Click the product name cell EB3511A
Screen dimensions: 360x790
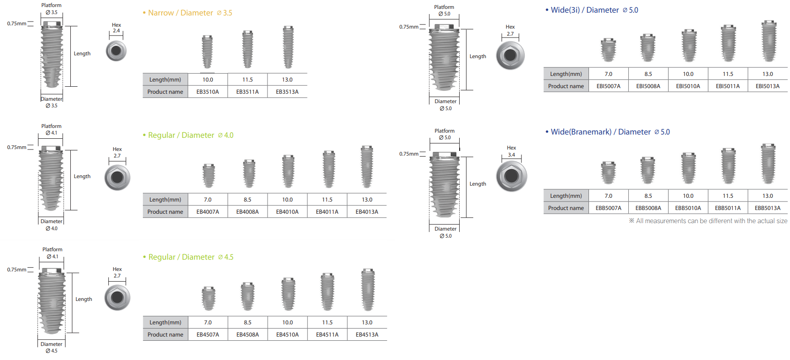pos(247,92)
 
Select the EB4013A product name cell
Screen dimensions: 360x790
pos(367,212)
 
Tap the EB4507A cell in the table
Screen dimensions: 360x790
pos(208,335)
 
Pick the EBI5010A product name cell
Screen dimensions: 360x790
pos(688,86)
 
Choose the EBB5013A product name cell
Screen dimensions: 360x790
pos(768,208)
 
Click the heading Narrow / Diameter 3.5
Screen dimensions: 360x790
pos(190,13)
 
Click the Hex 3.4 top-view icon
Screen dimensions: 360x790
pos(511,176)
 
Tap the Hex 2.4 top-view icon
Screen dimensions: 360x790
pos(116,51)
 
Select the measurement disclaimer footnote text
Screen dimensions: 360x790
pos(708,221)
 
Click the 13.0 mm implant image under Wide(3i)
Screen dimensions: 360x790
pos(768,41)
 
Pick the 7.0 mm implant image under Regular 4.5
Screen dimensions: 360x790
pos(209,299)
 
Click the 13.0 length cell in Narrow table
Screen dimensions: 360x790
pos(287,80)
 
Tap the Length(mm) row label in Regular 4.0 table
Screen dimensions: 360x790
pos(165,200)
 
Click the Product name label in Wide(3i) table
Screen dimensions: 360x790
pos(566,86)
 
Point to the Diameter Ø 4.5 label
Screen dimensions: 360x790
pos(52,347)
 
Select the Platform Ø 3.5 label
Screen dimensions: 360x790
pos(52,9)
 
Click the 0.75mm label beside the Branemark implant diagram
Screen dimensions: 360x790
pos(409,154)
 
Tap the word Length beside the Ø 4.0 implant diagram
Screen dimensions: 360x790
pos(82,176)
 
